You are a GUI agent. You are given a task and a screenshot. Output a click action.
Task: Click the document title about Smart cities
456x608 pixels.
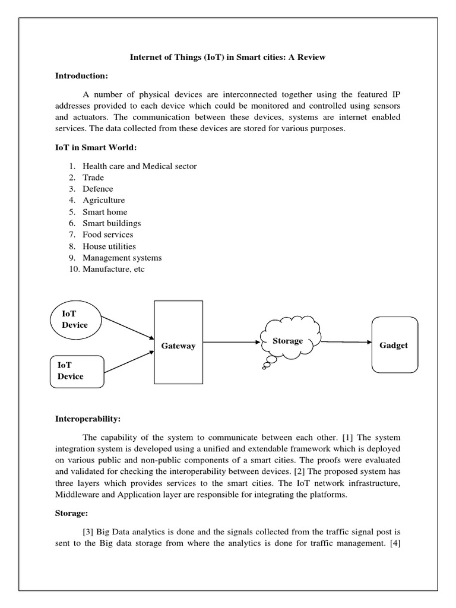(228, 58)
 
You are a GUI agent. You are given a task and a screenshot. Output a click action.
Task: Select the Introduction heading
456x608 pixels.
(81, 75)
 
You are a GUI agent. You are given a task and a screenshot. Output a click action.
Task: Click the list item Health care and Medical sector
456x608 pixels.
(139, 166)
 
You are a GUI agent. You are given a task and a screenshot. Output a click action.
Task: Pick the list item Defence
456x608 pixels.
(97, 189)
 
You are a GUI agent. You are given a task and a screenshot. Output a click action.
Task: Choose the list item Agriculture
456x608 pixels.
(103, 200)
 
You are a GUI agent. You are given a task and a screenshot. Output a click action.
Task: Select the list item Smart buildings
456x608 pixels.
(112, 223)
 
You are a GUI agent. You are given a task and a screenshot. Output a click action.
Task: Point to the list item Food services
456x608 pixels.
(107, 235)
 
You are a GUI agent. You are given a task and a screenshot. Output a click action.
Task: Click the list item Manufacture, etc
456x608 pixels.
(113, 269)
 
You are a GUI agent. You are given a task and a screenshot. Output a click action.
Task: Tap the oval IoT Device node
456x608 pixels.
(75, 319)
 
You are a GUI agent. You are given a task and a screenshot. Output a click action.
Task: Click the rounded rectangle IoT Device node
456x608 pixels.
(77, 371)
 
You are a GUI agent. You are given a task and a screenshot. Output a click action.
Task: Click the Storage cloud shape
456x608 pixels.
(288, 341)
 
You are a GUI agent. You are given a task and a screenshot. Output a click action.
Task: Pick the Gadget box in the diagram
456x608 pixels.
(394, 345)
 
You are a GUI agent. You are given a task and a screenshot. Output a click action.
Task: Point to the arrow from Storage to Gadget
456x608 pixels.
(346, 342)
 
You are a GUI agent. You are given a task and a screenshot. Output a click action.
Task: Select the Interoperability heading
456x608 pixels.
(88, 419)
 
